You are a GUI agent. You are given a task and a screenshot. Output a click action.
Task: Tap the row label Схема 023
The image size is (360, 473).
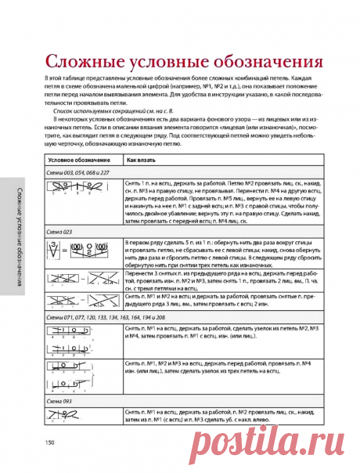(x=59, y=232)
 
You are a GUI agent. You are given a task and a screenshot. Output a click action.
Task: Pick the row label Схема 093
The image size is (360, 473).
(x=59, y=399)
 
